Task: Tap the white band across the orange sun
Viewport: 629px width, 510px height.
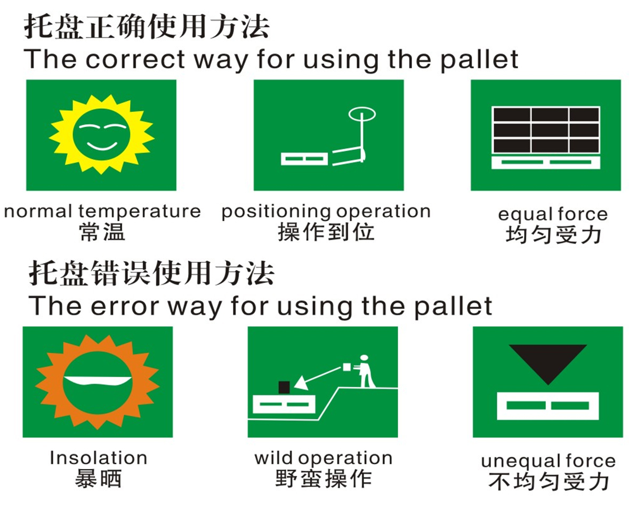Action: point(98,380)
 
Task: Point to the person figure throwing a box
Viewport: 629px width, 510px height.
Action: point(364,371)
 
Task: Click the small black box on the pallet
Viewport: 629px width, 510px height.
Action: point(284,387)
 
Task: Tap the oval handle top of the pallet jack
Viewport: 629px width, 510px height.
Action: point(362,114)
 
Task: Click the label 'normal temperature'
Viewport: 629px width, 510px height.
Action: point(102,211)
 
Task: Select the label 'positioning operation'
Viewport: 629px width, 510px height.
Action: point(326,211)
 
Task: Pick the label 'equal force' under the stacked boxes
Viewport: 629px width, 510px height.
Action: point(553,214)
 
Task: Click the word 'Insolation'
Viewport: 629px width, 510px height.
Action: point(99,458)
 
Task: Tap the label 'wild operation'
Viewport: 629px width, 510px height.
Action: point(324,458)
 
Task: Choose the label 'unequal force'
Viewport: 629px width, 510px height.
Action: point(549,461)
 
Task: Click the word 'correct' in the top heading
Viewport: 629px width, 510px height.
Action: point(135,59)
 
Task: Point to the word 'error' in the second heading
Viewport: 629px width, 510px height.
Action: point(125,307)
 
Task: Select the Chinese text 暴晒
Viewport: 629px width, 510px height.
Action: point(98,479)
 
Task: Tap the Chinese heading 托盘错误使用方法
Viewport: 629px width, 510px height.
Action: point(151,273)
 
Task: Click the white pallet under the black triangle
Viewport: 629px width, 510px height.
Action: point(548,406)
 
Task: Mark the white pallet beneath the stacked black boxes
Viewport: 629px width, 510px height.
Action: point(546,163)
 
